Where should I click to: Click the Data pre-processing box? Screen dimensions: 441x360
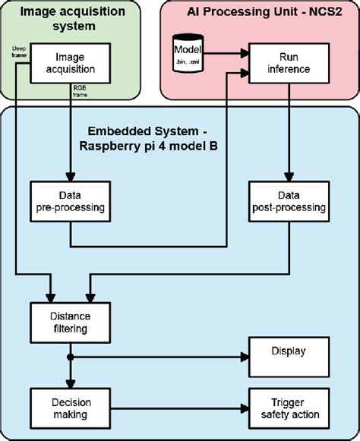70,200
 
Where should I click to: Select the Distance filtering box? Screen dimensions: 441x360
70,322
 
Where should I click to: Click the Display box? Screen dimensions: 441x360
287,351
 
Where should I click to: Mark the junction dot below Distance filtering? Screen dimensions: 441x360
70,356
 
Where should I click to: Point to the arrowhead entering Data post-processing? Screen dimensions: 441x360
287,176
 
